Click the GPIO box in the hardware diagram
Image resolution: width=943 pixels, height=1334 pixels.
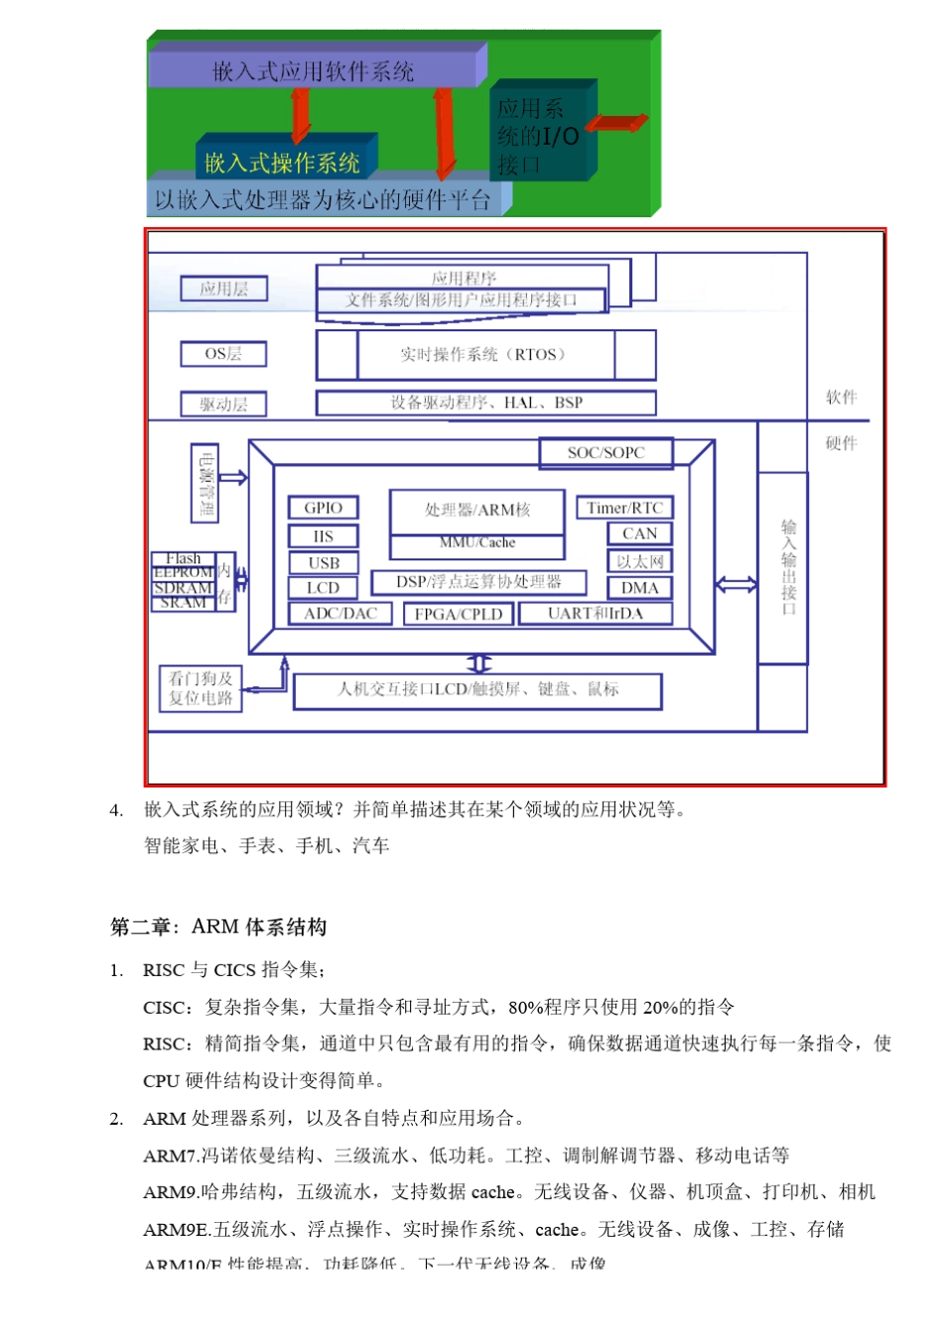pos(323,508)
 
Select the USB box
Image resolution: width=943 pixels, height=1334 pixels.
pos(323,562)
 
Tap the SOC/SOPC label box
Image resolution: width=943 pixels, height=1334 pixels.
pos(606,452)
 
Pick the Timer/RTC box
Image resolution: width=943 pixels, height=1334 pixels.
pos(624,508)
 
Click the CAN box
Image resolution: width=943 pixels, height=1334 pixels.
pos(639,534)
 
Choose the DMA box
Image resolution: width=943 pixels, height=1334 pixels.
pos(639,587)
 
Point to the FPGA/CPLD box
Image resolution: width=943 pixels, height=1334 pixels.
pos(458,614)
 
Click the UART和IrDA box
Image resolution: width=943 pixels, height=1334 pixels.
pos(595,614)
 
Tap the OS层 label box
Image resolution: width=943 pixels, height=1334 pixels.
pos(222,354)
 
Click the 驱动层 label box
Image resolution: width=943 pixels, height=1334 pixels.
pos(223,404)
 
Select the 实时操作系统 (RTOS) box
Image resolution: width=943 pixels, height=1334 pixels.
pos(484,355)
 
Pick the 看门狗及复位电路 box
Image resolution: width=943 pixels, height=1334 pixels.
pos(201,688)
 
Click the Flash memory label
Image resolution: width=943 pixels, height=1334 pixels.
pos(184,558)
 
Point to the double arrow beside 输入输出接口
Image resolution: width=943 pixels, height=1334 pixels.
pos(736,585)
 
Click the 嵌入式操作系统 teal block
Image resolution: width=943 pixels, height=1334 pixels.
pos(282,162)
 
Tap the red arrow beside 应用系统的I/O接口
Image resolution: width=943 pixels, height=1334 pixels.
pos(616,123)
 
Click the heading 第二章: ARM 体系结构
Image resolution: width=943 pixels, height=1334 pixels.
pos(218,926)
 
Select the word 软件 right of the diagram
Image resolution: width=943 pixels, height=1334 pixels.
pos(841,397)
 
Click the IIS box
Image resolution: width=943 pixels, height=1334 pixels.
pos(323,536)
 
